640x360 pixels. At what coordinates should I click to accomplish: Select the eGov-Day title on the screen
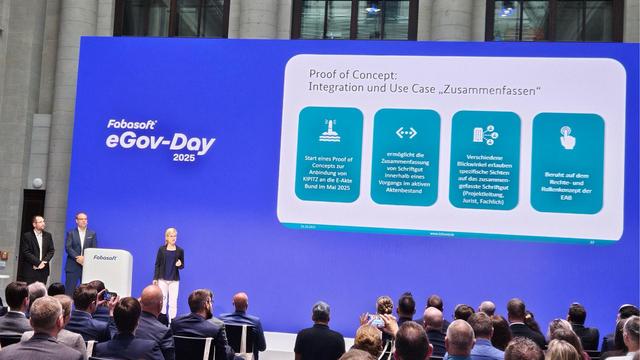[161, 142]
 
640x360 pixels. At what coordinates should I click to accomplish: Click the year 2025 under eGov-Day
[184, 157]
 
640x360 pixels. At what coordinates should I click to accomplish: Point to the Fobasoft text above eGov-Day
[132, 124]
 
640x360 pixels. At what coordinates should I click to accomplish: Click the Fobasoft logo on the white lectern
[105, 257]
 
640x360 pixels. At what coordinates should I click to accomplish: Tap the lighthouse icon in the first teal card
[329, 131]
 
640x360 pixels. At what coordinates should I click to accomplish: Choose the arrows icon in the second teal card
[406, 132]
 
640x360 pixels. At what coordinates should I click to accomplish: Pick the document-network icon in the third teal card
[485, 134]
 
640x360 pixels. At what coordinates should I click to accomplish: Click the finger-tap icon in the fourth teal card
[567, 137]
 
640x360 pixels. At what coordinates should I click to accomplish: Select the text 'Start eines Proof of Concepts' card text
[329, 173]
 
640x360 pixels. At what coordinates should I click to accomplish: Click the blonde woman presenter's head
[169, 236]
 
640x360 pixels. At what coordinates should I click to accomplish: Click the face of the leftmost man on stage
[37, 222]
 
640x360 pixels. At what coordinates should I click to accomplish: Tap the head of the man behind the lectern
[81, 219]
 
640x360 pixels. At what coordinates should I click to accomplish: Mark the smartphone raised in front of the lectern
[108, 295]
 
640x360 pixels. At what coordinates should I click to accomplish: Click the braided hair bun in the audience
[385, 304]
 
